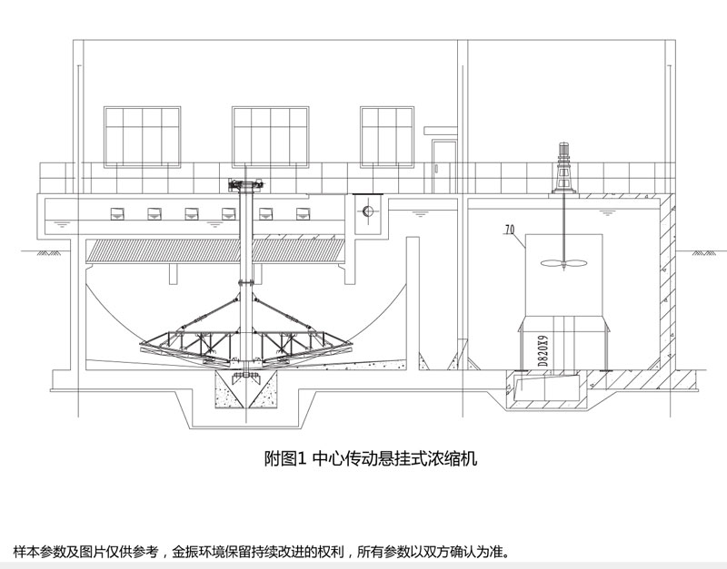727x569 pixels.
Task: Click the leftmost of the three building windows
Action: point(140,136)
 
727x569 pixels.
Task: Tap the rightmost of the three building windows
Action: point(387,136)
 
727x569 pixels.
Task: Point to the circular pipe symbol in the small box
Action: point(367,212)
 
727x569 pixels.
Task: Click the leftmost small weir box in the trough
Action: point(117,214)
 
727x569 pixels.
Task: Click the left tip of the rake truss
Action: point(143,346)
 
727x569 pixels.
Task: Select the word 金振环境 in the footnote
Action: point(204,551)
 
